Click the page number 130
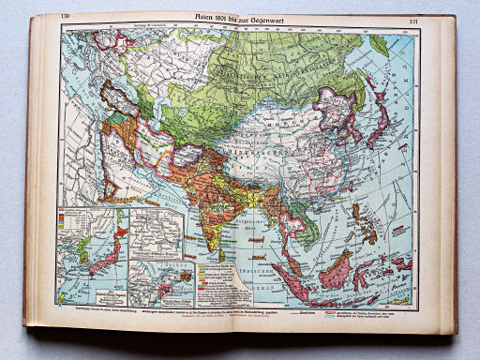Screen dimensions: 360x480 pos(65,18)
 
